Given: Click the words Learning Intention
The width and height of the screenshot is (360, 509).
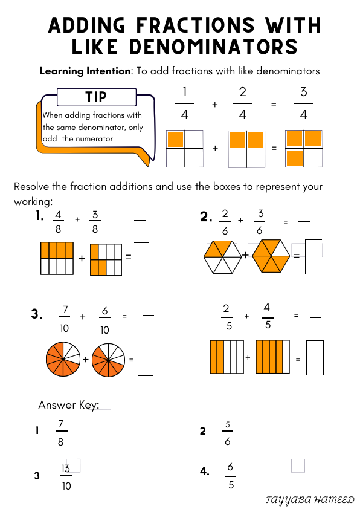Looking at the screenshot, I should (x=85, y=71).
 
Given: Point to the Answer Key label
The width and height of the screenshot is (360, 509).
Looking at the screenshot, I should (x=68, y=404).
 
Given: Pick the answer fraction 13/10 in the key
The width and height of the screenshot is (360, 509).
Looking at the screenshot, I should (x=66, y=476).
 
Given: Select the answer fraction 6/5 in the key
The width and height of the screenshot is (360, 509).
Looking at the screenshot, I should (x=231, y=475).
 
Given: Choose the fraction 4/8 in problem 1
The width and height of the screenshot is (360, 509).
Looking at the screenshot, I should (x=58, y=222).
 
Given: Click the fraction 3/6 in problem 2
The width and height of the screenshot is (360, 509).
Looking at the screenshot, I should (x=260, y=222).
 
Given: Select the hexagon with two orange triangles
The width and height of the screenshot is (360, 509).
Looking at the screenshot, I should (x=223, y=256).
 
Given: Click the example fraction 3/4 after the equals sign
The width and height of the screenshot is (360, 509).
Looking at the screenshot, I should (x=304, y=104).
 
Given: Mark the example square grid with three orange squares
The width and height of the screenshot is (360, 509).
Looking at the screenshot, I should (x=304, y=149).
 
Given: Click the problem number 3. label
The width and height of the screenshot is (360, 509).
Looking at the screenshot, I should (x=37, y=314).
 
